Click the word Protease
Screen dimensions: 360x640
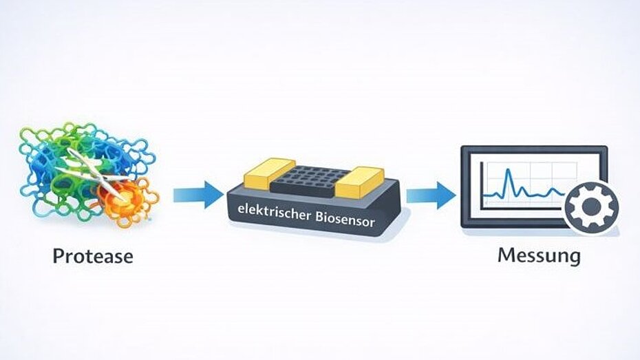pyautogui.click(x=93, y=257)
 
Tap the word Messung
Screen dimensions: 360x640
pyautogui.click(x=539, y=256)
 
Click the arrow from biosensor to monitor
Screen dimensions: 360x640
pyautogui.click(x=431, y=195)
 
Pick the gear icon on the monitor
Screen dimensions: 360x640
pyautogui.click(x=591, y=205)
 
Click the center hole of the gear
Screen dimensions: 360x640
pyautogui.click(x=591, y=205)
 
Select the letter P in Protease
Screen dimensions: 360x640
pyautogui.click(x=59, y=257)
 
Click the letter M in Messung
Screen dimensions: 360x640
pyautogui.click(x=506, y=255)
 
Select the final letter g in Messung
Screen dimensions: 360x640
pyautogui.click(x=573, y=258)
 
